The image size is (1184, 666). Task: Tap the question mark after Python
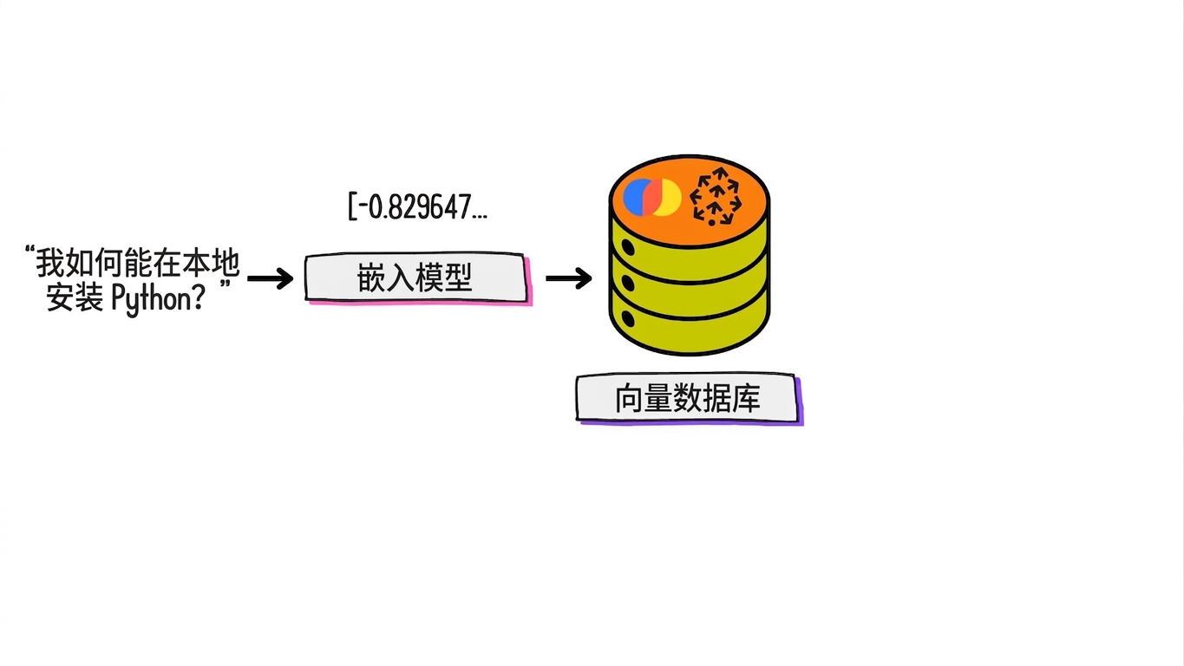tap(198, 297)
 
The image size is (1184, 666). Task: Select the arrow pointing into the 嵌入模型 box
tap(270, 278)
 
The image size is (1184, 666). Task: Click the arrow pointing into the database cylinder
tap(569, 278)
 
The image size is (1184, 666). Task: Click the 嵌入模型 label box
tap(416, 277)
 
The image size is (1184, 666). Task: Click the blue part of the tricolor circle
tap(633, 197)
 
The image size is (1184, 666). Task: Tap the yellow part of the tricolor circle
tap(670, 198)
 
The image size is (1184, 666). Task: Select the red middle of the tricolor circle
tap(654, 198)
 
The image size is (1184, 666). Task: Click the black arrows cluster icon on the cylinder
tap(716, 196)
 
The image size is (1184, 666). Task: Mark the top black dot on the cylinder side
tap(628, 247)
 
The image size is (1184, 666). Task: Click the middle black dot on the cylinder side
tap(628, 283)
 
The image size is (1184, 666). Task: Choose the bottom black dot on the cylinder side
tap(628, 319)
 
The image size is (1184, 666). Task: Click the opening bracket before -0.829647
tap(351, 206)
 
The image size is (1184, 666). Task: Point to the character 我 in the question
tap(49, 263)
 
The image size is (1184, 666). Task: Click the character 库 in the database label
tap(746, 398)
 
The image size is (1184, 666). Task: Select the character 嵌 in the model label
tap(371, 277)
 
